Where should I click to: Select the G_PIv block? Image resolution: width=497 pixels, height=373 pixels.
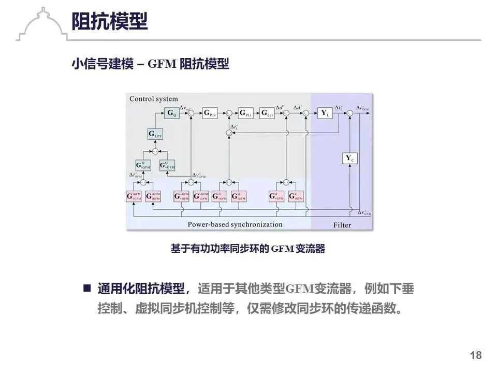point(210,112)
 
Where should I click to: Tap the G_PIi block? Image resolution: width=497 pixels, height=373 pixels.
point(245,112)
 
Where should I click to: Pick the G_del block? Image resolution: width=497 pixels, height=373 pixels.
point(267,112)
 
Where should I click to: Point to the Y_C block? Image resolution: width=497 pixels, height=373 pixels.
point(350,159)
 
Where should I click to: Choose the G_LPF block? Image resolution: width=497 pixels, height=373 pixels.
point(155,134)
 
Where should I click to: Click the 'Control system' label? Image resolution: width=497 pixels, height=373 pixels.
point(153,99)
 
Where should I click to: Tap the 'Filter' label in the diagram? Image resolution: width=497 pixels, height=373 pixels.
point(341,225)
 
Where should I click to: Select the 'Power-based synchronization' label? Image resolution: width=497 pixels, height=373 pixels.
point(235,224)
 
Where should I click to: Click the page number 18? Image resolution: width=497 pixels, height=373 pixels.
point(475,355)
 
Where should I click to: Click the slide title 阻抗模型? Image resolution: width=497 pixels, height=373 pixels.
point(109,22)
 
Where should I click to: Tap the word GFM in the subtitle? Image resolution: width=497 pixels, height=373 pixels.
point(163,64)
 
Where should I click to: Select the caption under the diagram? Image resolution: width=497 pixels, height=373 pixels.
point(248,249)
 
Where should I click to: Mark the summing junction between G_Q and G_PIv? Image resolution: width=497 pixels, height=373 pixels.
point(191,112)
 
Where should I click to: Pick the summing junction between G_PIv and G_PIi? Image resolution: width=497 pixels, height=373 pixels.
point(228,112)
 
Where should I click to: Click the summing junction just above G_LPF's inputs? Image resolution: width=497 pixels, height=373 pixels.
point(155,151)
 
